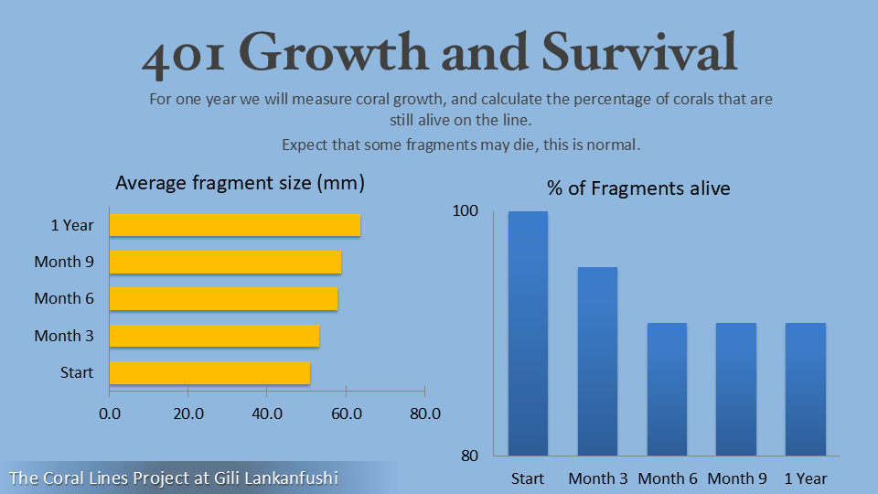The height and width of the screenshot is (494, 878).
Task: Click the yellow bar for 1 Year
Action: click(235, 225)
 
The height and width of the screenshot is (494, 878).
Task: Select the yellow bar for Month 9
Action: click(225, 263)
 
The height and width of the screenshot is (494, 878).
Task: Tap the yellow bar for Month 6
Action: click(223, 298)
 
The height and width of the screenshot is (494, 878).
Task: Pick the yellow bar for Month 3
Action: click(214, 336)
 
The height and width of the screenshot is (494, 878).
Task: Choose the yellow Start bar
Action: click(210, 372)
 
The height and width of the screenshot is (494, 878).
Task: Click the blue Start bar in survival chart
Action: click(528, 333)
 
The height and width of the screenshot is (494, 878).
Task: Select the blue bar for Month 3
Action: click(597, 361)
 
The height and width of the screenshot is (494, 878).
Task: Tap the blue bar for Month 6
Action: click(667, 390)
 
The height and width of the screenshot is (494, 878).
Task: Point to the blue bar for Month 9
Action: click(736, 390)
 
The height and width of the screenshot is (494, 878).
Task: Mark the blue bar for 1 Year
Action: click(806, 390)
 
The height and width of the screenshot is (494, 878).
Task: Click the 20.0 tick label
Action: click(188, 413)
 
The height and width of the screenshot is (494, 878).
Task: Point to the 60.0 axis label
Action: click(346, 413)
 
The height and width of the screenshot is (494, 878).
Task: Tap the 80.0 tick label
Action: click(425, 413)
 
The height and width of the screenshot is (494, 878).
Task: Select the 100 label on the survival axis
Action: click(466, 210)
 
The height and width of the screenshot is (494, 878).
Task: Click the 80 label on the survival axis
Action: click(470, 456)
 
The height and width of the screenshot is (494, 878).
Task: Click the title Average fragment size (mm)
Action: click(241, 183)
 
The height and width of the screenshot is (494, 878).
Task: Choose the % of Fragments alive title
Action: click(638, 188)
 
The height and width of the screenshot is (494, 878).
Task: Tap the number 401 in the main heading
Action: click(183, 55)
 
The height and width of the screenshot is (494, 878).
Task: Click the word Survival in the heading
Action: click(639, 51)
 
